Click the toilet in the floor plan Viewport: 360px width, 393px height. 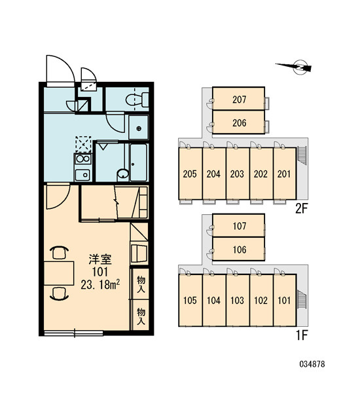point(137,100)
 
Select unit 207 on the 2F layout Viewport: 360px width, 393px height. point(238,98)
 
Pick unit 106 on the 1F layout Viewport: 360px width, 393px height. point(238,249)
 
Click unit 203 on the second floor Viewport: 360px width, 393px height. point(238,174)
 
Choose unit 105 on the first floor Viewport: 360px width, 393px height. point(190,300)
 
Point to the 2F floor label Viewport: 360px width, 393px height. point(301,208)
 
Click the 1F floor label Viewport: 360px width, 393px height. point(302,335)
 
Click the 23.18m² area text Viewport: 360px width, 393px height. point(100,284)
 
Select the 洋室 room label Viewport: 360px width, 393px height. point(100,259)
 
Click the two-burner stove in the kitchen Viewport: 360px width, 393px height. point(83,159)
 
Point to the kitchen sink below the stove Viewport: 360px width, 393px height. point(82,174)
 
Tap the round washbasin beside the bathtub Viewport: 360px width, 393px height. point(123,174)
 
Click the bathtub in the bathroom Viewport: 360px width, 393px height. point(139,162)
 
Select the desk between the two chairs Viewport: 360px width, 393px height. point(59,273)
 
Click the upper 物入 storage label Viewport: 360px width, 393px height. point(141,284)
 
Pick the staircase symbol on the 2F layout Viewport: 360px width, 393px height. point(301,155)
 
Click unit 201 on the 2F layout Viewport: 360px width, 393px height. point(285,174)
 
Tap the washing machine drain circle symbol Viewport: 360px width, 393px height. point(139,128)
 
